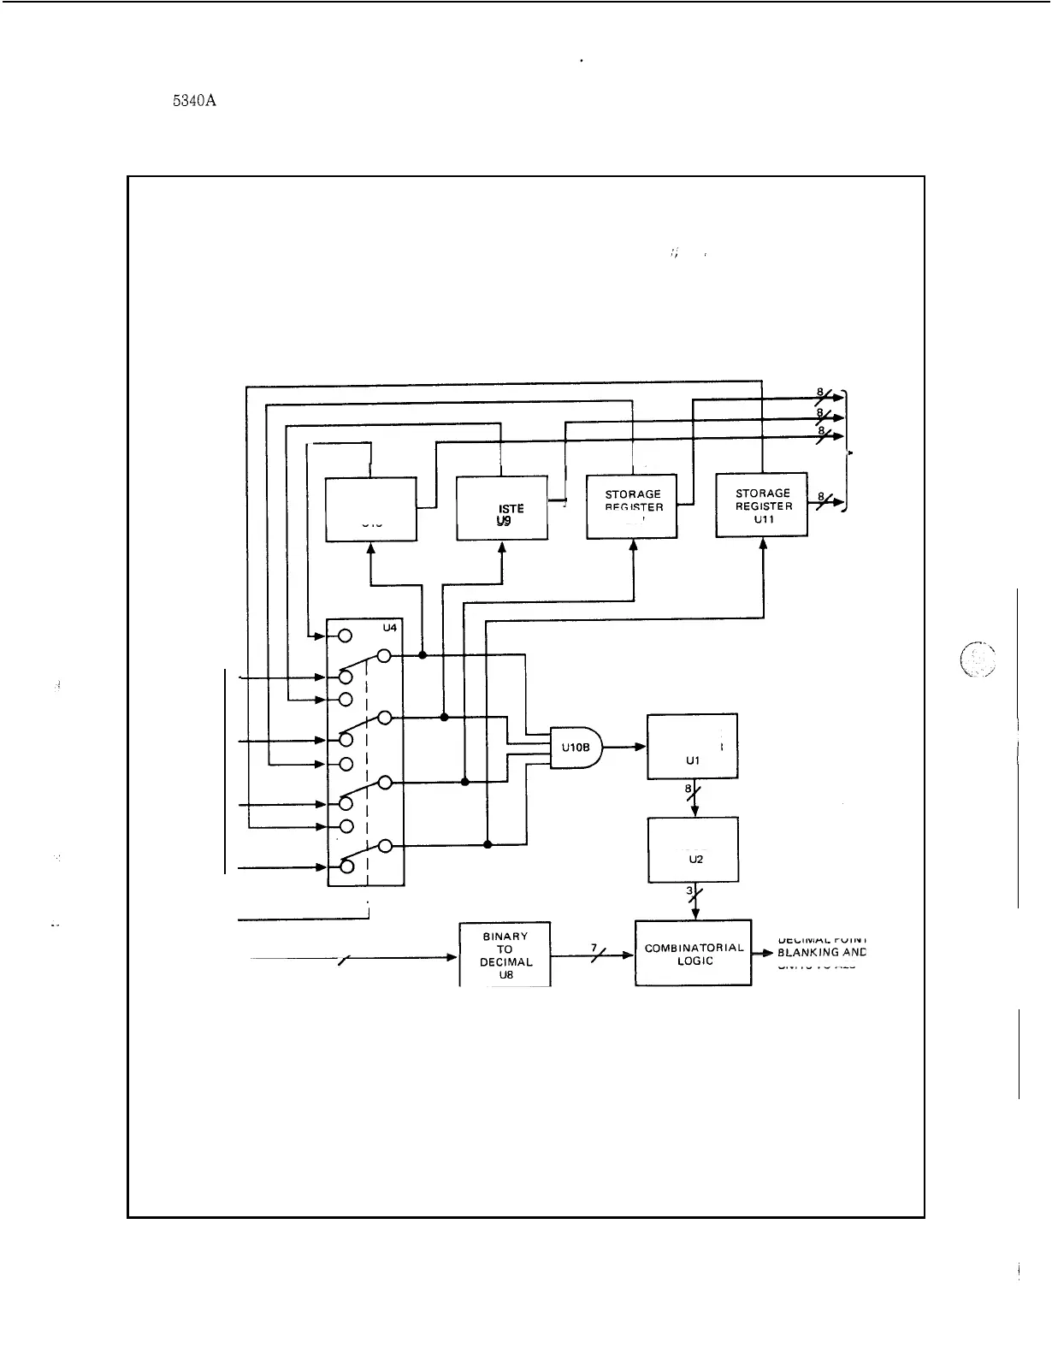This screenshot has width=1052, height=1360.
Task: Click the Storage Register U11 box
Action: (761, 505)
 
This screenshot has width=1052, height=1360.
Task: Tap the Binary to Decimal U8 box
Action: (505, 955)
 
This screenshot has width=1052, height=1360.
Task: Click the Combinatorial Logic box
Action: (693, 953)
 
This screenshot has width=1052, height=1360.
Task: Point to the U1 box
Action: (693, 746)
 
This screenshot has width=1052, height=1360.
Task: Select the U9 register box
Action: (502, 509)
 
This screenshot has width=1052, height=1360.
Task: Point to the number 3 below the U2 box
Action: (689, 891)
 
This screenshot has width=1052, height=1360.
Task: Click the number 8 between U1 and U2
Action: (688, 789)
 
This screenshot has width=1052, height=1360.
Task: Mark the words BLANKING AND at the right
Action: (821, 952)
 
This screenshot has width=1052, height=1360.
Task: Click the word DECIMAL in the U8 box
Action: (505, 961)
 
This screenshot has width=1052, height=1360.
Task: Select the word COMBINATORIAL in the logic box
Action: (694, 948)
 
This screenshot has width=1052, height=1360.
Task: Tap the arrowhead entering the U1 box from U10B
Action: (641, 747)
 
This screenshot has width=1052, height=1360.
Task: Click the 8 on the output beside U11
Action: (820, 496)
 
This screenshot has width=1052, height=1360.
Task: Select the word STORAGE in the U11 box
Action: (763, 494)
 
